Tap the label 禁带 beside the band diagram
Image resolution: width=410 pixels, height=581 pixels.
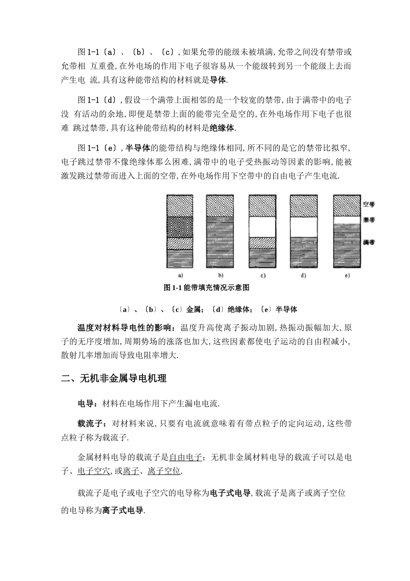pos(369,220)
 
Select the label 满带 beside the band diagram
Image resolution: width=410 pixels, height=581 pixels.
pos(369,242)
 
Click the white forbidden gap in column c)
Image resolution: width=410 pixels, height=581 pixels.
pos(262,226)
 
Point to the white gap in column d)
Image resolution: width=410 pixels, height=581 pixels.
pos(304,226)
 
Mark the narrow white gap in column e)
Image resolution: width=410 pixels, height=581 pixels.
pos(347,220)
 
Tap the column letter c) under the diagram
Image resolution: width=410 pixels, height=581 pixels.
pos(262,275)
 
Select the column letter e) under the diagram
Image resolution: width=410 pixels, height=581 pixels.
pos(347,275)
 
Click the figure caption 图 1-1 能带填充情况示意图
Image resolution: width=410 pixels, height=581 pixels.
pos(207,288)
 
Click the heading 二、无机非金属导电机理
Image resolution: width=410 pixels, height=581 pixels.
pos(114,379)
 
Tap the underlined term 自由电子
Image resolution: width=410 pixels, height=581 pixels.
pos(186,457)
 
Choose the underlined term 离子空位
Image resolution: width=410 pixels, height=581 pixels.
pos(164,471)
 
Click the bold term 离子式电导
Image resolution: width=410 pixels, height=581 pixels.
pos(123,511)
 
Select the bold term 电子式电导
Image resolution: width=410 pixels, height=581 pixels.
pos(230,493)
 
